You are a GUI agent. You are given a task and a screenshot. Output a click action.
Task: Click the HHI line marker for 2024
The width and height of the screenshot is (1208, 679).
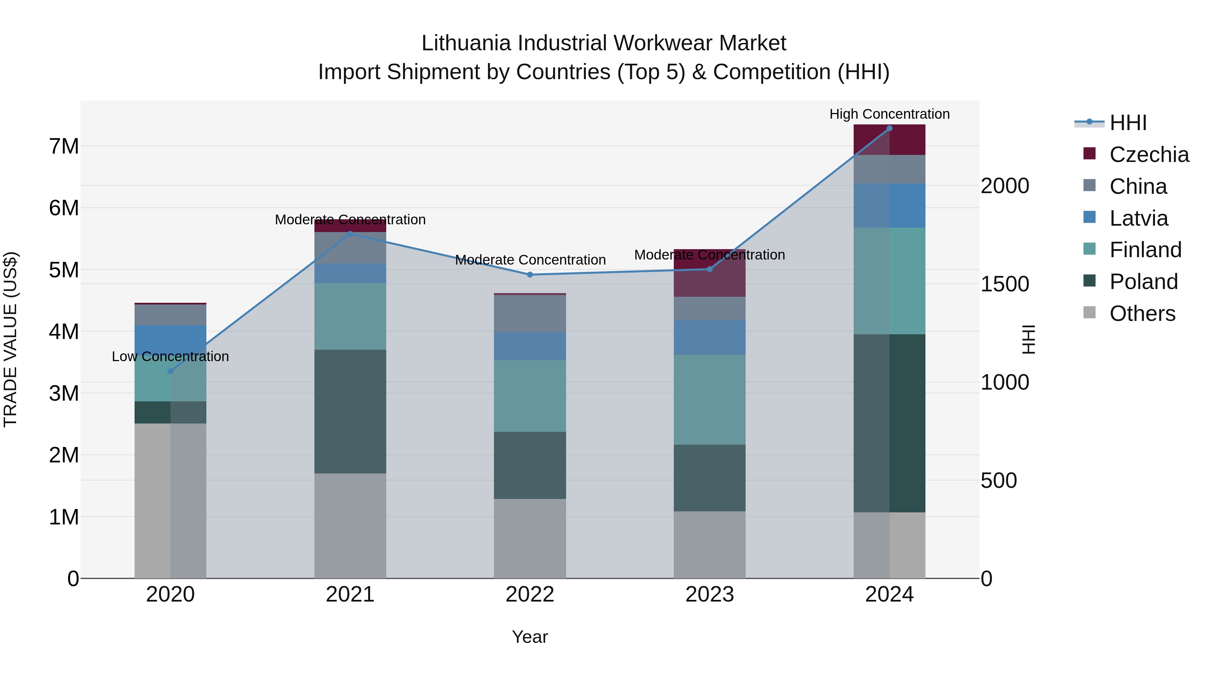(x=889, y=128)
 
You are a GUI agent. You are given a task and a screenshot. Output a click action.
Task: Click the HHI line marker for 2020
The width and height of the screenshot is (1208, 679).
(x=170, y=371)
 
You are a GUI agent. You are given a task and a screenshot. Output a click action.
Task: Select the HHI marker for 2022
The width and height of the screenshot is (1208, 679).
(x=530, y=275)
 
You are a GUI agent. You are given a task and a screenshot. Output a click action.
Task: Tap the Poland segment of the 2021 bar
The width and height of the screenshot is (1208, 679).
(x=350, y=411)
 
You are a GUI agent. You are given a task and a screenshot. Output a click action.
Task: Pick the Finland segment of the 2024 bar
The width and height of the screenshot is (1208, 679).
(x=889, y=281)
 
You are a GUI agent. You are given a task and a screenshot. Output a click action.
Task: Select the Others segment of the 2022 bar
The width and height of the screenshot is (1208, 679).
(x=530, y=539)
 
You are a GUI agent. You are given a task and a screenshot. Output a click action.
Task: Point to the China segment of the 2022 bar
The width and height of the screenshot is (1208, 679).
(x=530, y=314)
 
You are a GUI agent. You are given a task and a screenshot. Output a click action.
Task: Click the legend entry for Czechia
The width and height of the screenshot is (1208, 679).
(x=1149, y=154)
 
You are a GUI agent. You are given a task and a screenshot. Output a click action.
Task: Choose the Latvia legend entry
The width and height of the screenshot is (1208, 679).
(x=1139, y=218)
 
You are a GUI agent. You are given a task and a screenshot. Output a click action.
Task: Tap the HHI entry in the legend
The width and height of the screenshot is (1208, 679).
(x=1128, y=123)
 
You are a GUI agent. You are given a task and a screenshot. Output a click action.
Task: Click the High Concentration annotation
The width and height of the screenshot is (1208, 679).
(x=889, y=114)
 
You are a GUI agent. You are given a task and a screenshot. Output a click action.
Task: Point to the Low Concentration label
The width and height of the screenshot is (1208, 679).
(x=170, y=357)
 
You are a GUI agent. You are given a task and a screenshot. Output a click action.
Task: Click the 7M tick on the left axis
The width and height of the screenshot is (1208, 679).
(x=64, y=146)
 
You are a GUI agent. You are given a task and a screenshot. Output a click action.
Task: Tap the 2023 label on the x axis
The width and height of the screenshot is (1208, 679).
(x=709, y=595)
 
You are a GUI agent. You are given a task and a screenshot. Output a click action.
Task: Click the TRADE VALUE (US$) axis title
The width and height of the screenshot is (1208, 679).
(x=10, y=339)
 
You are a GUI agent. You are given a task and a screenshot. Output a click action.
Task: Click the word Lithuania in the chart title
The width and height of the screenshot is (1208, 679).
(x=467, y=43)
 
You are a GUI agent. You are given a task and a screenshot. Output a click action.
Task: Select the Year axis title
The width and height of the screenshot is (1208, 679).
(x=530, y=637)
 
